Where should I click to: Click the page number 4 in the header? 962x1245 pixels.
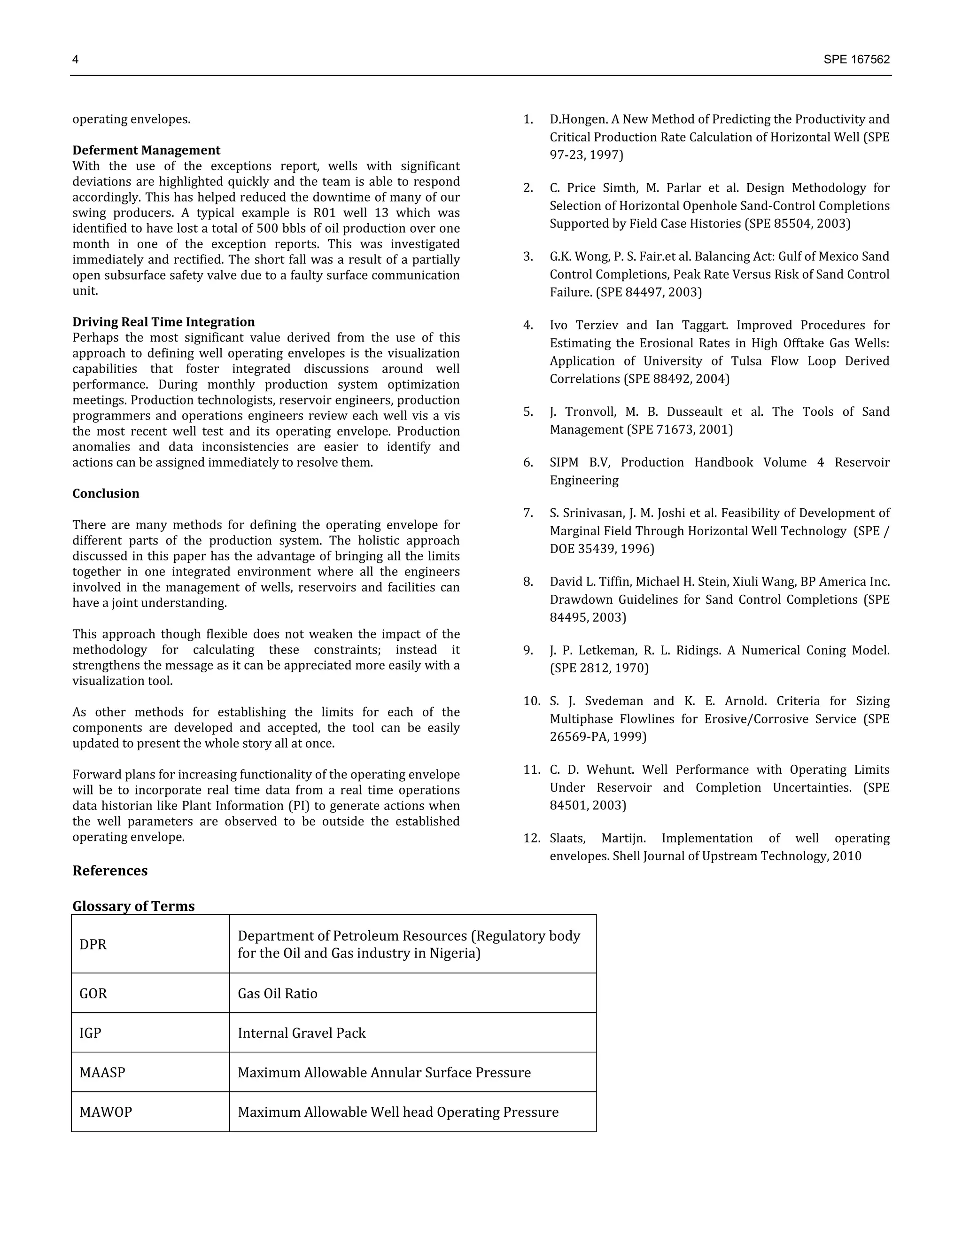click(x=75, y=60)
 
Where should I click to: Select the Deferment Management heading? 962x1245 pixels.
click(x=146, y=150)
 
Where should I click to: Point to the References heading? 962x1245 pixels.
click(x=109, y=871)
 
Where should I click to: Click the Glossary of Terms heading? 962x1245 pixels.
click(x=133, y=906)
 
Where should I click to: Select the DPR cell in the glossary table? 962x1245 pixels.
click(x=93, y=945)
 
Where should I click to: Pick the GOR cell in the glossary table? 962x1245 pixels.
click(x=93, y=994)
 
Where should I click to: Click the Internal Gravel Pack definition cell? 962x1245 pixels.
click(x=302, y=1033)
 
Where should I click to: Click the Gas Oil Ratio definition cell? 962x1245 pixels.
click(x=278, y=994)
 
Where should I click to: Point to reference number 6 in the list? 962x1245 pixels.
click(x=528, y=462)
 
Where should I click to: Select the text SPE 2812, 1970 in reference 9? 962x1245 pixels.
click(x=599, y=668)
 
